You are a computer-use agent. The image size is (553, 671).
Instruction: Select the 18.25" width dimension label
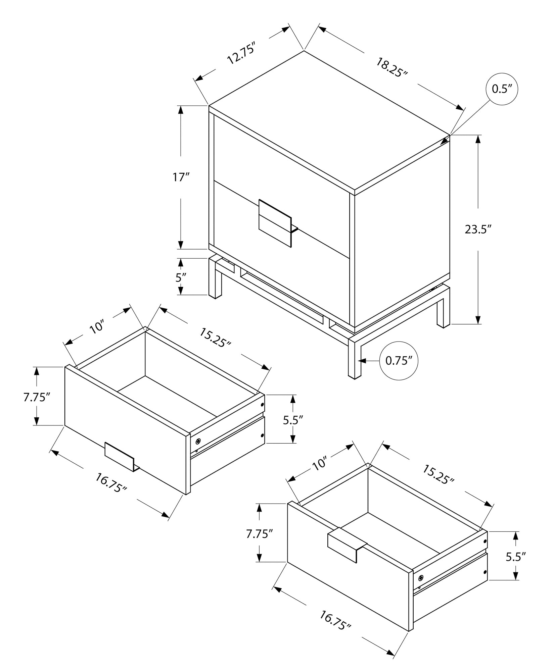coord(391,67)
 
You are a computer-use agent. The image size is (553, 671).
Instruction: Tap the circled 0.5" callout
coord(502,89)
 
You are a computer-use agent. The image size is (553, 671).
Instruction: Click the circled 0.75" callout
coord(399,361)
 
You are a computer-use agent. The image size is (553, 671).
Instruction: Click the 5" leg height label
coord(181,277)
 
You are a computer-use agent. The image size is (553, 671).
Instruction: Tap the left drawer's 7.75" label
coord(36,397)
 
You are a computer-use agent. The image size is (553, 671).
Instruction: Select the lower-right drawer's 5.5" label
coord(515,557)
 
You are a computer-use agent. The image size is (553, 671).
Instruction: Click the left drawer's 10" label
coord(98,327)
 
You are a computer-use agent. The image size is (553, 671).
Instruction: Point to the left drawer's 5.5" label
coord(293,420)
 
